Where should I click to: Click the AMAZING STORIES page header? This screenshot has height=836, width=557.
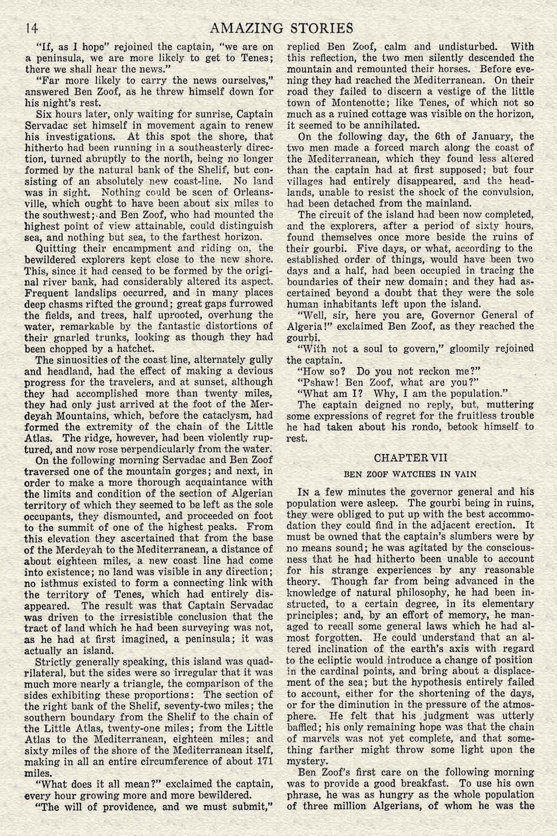tap(282, 28)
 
